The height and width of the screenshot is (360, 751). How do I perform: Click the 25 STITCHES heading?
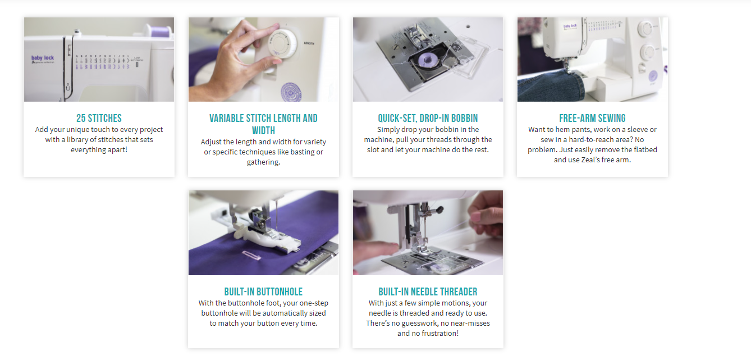[99, 118]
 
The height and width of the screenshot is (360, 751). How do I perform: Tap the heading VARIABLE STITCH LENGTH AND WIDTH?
[263, 124]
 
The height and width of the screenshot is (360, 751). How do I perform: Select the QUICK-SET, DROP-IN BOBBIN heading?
[428, 118]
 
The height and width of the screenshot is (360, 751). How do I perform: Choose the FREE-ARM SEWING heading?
[592, 118]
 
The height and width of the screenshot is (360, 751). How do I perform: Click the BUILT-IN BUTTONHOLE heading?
[263, 291]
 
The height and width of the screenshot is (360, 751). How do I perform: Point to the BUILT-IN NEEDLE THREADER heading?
[428, 291]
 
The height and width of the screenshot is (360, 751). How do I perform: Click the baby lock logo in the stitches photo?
[43, 58]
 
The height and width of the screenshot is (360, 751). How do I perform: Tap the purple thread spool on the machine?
[161, 31]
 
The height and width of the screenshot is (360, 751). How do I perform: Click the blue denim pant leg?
[551, 85]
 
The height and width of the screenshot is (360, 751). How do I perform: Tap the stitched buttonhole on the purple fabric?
[251, 255]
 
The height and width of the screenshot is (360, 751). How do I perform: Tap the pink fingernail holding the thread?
[476, 216]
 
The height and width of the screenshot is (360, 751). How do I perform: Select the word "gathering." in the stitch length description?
[263, 162]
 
